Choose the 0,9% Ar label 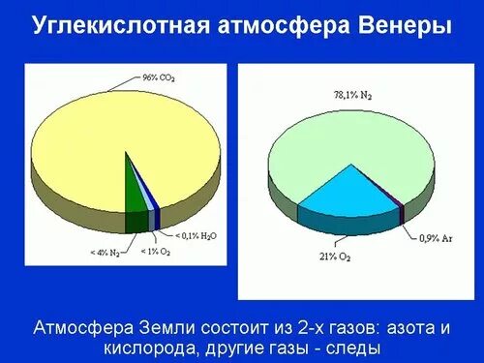[x=434, y=236]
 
